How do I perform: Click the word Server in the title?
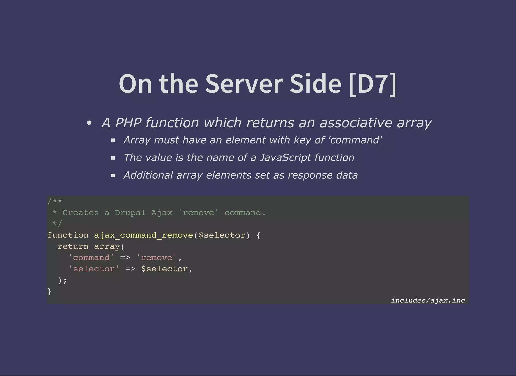pos(244,84)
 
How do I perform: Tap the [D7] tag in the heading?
pos(373,84)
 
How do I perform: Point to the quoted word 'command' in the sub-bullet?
pos(355,140)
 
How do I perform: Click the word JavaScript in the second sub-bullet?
pos(285,158)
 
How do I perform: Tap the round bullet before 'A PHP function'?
pos(89,123)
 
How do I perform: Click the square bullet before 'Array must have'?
pos(113,140)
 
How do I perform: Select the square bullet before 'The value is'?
pos(113,158)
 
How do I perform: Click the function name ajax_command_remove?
pos(143,235)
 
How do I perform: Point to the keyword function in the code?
pos(68,235)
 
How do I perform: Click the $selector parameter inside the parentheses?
pos(222,235)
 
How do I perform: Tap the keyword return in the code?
pos(73,246)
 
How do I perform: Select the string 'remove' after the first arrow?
pos(156,257)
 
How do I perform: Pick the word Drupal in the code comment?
pos(130,213)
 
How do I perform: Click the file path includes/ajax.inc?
pos(428,300)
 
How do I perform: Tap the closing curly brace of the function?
pos(49,291)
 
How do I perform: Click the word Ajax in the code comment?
pos(162,213)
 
